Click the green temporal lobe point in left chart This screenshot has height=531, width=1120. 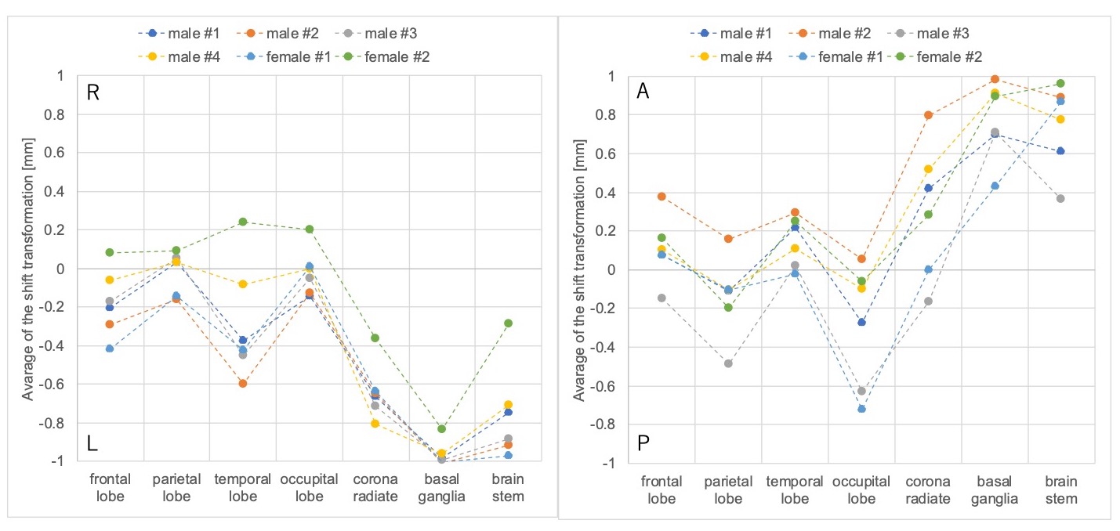[243, 222]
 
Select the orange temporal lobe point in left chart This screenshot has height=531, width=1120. [243, 383]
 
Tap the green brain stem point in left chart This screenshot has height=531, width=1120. [508, 323]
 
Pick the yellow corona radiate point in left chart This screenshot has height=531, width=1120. [375, 423]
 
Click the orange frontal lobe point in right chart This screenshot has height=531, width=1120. [661, 197]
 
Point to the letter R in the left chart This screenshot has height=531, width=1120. [92, 93]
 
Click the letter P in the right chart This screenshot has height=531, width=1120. [643, 444]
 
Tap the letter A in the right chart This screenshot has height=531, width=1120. [643, 92]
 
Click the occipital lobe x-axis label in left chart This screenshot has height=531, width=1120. [309, 487]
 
